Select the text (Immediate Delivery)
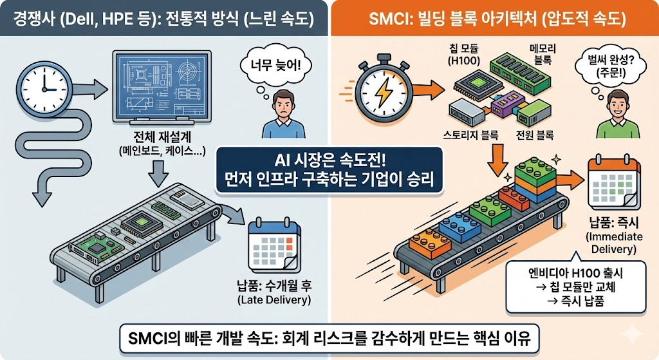pos(614,243)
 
